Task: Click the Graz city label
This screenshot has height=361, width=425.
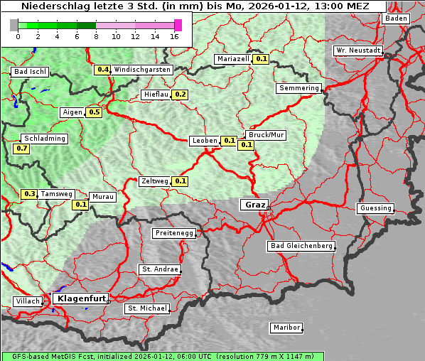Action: pos(254,205)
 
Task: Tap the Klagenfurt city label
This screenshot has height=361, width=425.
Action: pos(80,298)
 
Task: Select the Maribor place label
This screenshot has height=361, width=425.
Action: pos(286,328)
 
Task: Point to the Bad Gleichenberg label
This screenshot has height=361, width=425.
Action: pos(301,246)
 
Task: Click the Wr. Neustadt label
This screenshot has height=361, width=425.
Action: pos(358,51)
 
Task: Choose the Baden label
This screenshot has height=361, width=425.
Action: pos(397,18)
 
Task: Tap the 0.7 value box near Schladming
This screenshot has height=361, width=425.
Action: pos(21,149)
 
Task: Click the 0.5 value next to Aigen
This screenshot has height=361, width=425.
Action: pos(94,112)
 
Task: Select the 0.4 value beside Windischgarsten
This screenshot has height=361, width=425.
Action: pos(103,70)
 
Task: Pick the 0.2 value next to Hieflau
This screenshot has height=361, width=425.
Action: pos(180,95)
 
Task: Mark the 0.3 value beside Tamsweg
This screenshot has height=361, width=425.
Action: pos(29,194)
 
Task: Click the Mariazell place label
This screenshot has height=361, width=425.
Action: pos(234,59)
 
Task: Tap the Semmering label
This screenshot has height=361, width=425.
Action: pos(298,88)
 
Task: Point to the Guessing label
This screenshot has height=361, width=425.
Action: pos(375,208)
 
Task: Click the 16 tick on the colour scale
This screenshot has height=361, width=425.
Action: pos(175,36)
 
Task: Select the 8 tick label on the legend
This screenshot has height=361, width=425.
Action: pos(96,36)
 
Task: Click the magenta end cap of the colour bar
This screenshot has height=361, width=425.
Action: pos(178,25)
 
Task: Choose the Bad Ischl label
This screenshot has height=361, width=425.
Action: pos(30,72)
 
